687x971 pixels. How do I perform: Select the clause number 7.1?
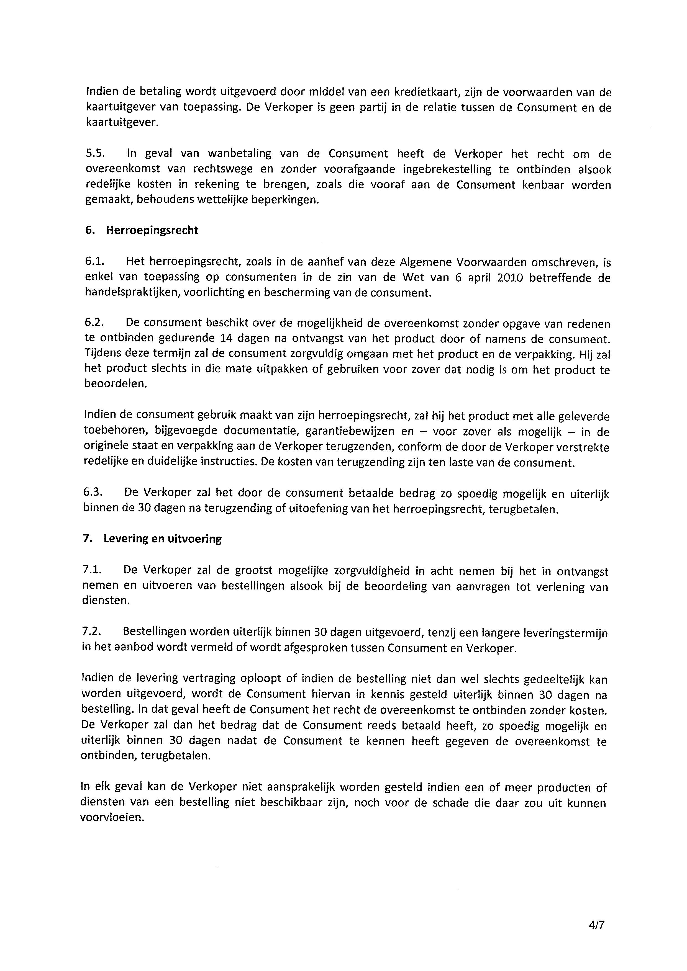click(92, 571)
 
